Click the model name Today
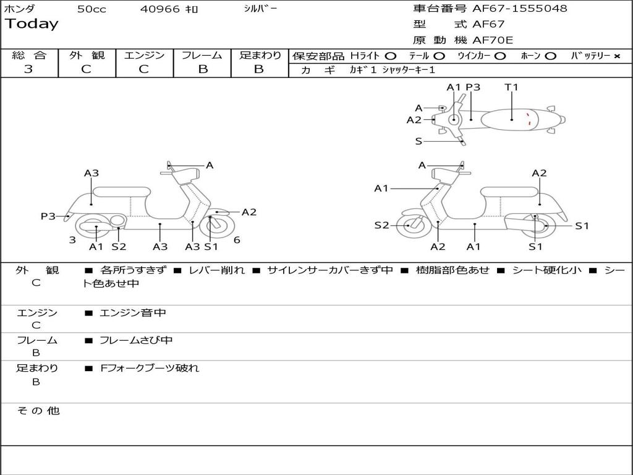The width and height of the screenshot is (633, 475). [x=32, y=24]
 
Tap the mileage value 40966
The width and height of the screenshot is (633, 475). [x=160, y=9]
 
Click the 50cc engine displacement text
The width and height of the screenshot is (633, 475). [x=91, y=9]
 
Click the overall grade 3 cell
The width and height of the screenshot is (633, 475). [x=28, y=69]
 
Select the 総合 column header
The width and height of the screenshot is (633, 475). [x=28, y=55]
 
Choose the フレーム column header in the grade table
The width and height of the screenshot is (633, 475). [x=202, y=55]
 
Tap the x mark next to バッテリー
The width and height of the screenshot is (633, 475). [x=616, y=56]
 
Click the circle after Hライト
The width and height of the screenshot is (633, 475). [x=391, y=56]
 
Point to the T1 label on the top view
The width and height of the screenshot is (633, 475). [x=511, y=87]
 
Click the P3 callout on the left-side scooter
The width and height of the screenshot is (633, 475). [x=48, y=216]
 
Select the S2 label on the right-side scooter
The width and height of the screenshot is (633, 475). [x=381, y=225]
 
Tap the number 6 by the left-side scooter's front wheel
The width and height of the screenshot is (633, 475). [x=237, y=240]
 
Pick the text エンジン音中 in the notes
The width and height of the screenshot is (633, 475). [x=133, y=313]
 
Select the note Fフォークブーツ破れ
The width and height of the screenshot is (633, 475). [x=150, y=368]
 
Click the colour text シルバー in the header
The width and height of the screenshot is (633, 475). [x=260, y=9]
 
